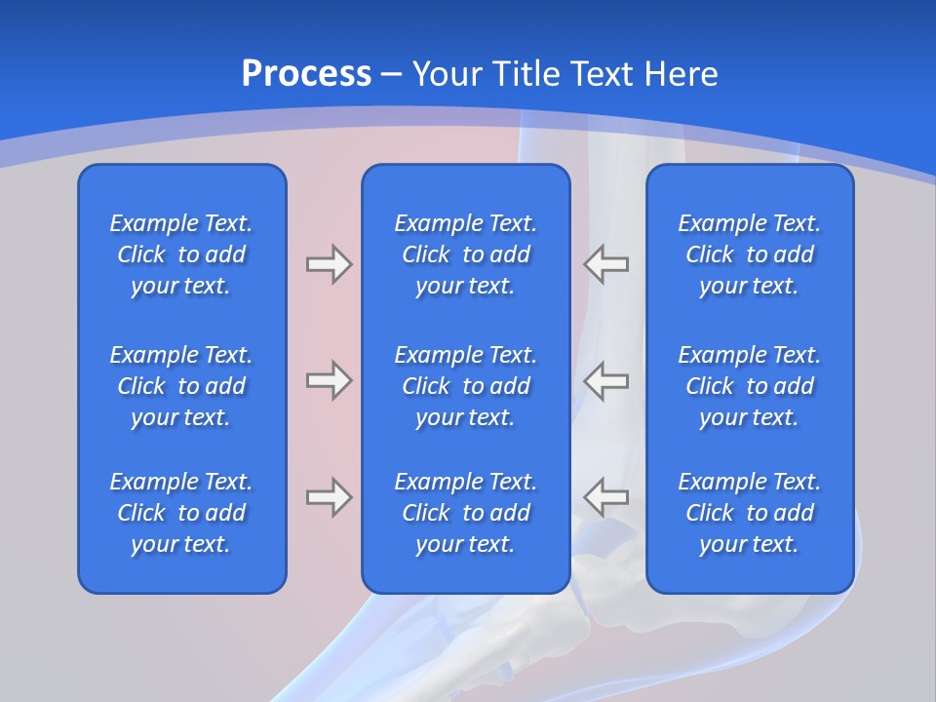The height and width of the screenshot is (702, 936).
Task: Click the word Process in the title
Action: click(306, 73)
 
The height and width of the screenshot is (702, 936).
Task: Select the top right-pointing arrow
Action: click(329, 264)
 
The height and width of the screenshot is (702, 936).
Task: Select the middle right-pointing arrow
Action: click(329, 380)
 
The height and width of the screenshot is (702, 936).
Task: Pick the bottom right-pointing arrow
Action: click(329, 497)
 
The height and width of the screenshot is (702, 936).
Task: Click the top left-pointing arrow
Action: click(605, 264)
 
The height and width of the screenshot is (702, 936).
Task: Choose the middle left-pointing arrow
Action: click(605, 380)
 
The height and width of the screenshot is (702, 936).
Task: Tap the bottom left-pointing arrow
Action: click(605, 497)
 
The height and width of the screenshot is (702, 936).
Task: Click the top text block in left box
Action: click(181, 254)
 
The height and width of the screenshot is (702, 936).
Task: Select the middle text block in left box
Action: click(181, 386)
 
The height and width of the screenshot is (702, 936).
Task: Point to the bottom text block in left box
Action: click(181, 513)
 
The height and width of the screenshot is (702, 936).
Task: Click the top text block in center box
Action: click(465, 254)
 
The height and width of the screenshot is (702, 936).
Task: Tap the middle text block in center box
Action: click(465, 386)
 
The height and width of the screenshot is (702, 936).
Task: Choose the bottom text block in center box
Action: click(465, 513)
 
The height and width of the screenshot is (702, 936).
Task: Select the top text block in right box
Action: click(749, 254)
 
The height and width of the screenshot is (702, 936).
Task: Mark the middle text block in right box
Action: click(749, 386)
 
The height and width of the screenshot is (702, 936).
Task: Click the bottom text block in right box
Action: click(749, 513)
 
